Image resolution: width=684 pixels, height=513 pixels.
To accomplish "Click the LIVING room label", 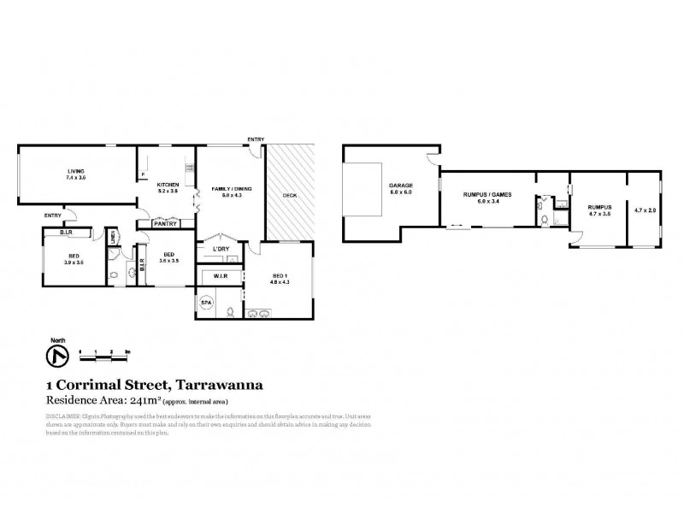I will [x=77, y=171].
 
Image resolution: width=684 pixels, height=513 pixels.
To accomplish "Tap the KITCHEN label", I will [x=166, y=185].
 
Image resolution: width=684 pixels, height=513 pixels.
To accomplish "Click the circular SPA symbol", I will [x=206, y=303].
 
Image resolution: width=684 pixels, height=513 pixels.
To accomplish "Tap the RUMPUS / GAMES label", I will [x=486, y=195].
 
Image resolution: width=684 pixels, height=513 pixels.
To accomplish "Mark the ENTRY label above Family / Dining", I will [x=255, y=139].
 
